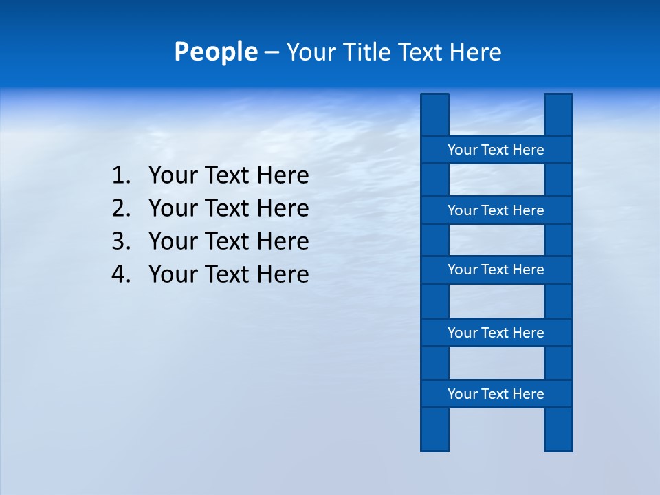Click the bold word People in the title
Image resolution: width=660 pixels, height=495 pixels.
216,52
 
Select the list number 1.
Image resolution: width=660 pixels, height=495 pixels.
120,176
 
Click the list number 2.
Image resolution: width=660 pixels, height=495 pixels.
120,208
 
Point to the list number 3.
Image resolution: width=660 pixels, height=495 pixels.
120,241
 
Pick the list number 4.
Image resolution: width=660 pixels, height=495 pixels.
120,274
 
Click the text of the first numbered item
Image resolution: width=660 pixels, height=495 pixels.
228,176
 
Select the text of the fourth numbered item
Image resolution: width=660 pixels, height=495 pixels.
228,274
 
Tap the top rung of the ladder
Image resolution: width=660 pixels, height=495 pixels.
496,150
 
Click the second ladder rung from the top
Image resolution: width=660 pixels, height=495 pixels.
496,210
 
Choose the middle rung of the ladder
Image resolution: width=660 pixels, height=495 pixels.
496,269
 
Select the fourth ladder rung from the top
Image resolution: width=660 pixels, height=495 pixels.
496,333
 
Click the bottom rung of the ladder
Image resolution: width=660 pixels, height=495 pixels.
496,394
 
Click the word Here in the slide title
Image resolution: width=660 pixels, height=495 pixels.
475,52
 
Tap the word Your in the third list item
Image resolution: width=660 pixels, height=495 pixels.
172,241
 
